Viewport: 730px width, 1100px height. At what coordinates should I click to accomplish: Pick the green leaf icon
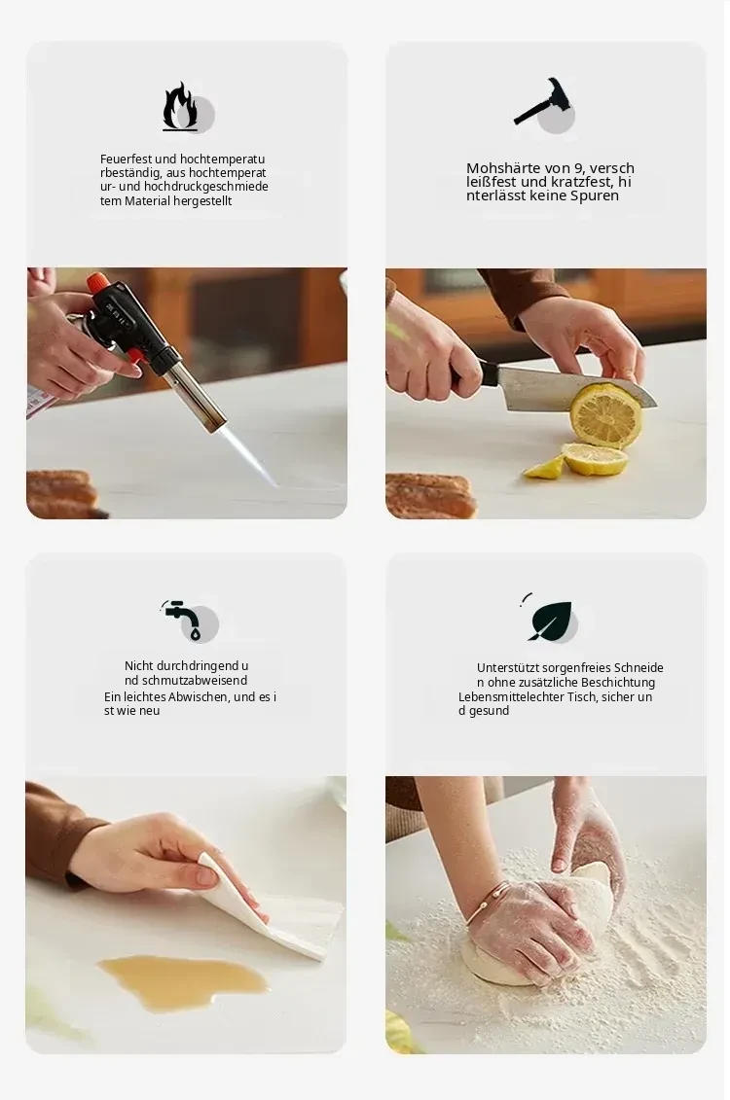pos(550,620)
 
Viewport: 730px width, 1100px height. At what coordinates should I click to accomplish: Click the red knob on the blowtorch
pos(97,283)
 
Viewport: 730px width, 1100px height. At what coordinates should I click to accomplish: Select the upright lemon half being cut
pos(605,415)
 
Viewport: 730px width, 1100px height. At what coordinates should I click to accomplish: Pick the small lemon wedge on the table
pos(544,468)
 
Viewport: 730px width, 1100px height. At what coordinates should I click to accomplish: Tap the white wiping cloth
pos(280,909)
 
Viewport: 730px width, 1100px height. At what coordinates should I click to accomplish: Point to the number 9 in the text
pos(579,168)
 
